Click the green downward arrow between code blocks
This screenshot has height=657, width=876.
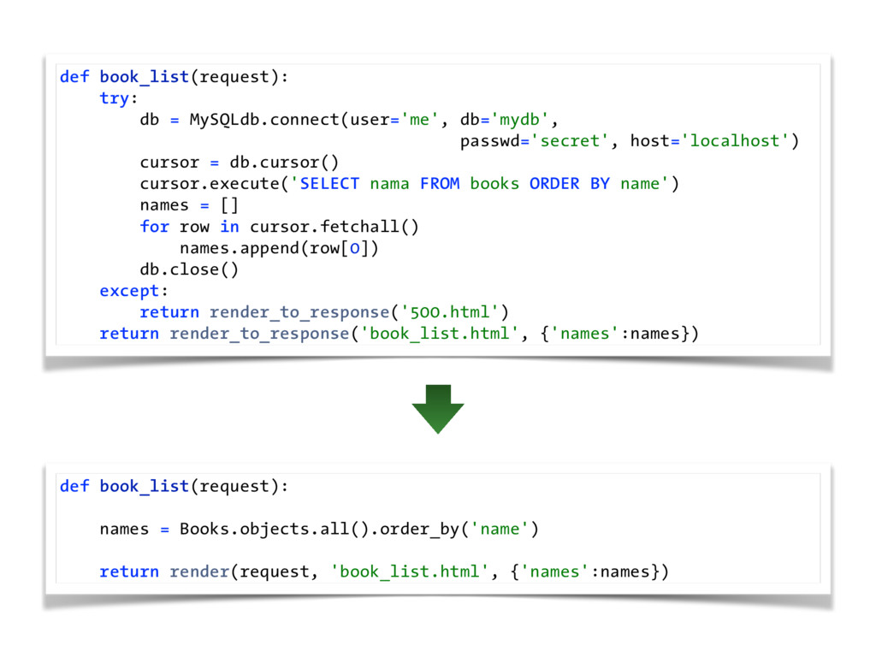[437, 408]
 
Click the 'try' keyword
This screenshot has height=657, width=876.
[113, 98]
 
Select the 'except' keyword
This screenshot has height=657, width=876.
[128, 291]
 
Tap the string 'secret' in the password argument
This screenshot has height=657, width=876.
[571, 141]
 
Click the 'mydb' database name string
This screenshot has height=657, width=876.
[519, 120]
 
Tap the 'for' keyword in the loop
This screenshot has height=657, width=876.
[154, 227]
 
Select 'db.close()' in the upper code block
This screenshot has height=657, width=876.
[189, 269]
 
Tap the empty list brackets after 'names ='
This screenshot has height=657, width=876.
[229, 205]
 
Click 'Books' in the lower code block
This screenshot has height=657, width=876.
[204, 529]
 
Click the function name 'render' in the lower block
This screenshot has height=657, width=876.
[199, 571]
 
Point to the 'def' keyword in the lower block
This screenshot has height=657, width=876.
[74, 486]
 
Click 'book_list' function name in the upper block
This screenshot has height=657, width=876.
[144, 77]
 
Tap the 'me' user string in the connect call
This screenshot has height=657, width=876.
[418, 120]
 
